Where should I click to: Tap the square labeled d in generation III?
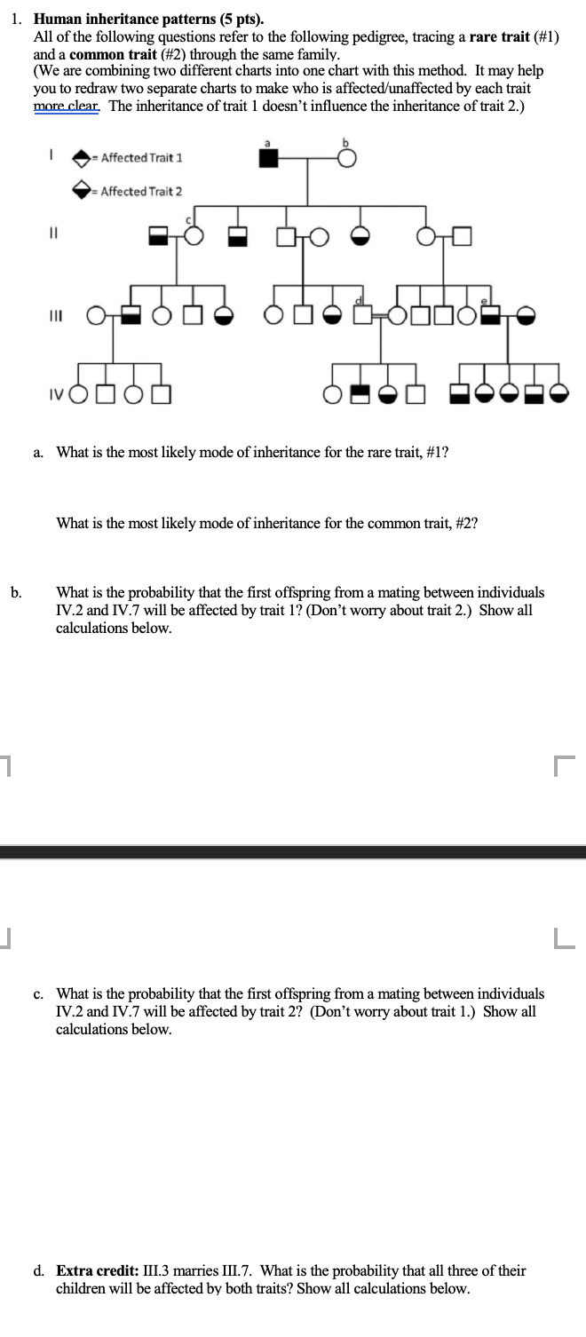pyautogui.click(x=360, y=314)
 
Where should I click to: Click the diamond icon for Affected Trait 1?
pyautogui.click(x=82, y=158)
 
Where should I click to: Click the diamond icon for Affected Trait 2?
pyautogui.click(x=82, y=190)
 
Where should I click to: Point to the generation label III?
pyautogui.click(x=53, y=314)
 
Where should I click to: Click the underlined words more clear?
pyautogui.click(x=67, y=104)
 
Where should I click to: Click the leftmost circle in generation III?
pyautogui.click(x=95, y=314)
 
